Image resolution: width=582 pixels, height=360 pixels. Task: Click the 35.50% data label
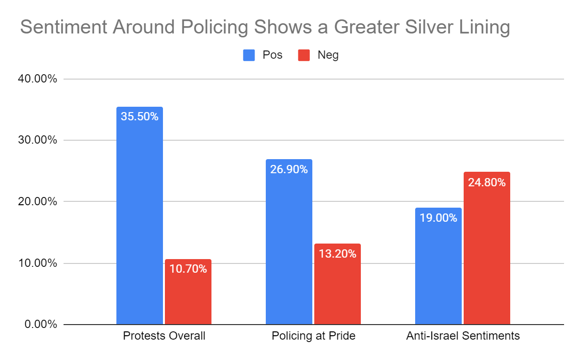[140, 116]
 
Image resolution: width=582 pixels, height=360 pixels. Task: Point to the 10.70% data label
[188, 269]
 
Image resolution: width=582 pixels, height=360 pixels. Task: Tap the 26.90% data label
[289, 169]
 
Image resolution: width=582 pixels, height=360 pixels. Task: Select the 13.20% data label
[338, 253]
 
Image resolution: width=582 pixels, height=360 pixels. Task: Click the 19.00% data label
[438, 218]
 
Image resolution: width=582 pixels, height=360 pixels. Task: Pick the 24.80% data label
[487, 182]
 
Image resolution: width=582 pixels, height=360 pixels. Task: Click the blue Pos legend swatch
[249, 55]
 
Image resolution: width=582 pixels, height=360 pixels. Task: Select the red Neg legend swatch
[304, 55]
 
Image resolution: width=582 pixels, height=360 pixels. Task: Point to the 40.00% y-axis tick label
[40, 79]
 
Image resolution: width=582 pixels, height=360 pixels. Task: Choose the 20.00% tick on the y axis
[40, 201]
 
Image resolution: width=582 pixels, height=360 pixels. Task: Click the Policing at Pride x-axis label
[313, 336]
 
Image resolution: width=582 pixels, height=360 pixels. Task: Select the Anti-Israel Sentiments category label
[463, 336]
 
